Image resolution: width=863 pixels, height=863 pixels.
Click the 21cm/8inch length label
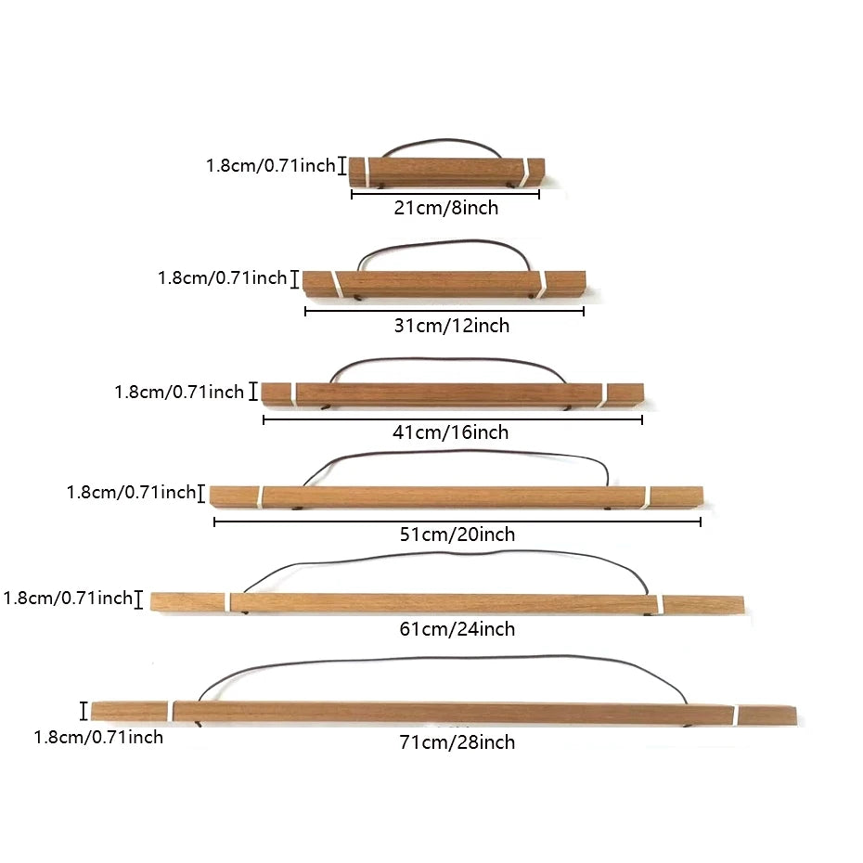tap(445, 208)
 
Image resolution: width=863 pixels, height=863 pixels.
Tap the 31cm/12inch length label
tap(451, 326)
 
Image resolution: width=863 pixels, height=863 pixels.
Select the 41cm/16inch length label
tap(450, 432)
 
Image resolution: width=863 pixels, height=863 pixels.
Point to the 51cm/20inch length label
tap(457, 534)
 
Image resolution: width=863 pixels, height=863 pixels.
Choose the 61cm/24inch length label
tap(457, 628)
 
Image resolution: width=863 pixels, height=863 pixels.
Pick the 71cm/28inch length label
tap(457, 742)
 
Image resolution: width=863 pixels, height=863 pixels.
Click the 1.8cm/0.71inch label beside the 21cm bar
tap(270, 165)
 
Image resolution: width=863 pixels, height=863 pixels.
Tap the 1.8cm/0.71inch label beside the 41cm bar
tap(179, 392)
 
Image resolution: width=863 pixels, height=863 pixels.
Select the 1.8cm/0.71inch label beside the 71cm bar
tap(98, 737)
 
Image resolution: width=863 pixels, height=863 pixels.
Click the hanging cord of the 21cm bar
tap(445, 140)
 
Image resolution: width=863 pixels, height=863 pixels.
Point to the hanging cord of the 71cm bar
tap(440, 658)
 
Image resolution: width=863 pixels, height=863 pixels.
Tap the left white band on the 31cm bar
tap(336, 284)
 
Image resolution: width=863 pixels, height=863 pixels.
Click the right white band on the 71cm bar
tap(735, 715)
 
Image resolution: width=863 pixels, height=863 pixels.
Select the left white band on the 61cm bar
tap(228, 601)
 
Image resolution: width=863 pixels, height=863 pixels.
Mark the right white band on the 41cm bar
tap(603, 395)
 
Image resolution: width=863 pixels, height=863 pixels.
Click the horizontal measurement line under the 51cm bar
tap(457, 522)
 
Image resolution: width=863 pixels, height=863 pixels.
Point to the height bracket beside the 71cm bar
tap(84, 711)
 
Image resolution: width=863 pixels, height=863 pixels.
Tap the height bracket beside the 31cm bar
tap(295, 279)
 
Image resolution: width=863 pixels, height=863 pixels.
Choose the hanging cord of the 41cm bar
tap(448, 359)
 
